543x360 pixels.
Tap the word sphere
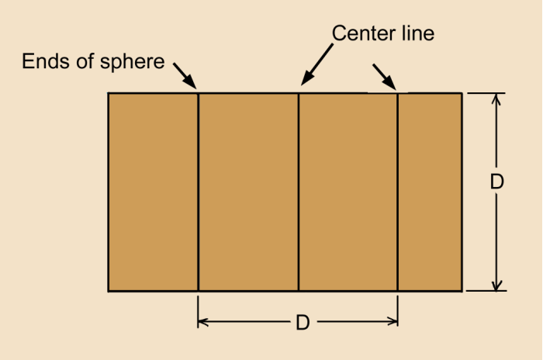(133, 63)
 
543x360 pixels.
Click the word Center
(364, 33)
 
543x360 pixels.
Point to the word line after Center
(418, 33)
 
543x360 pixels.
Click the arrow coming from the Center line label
(316, 64)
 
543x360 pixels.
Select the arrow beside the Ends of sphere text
(185, 76)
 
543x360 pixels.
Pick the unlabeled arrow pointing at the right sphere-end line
(385, 77)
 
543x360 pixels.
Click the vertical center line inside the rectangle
(299, 192)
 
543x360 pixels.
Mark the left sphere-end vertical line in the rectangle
(198, 192)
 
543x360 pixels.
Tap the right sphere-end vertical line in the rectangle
(397, 192)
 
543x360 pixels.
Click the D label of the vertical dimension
(497, 182)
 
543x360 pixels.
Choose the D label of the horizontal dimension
(303, 323)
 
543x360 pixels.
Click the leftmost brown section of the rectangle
(153, 192)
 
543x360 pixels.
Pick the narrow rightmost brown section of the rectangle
(430, 192)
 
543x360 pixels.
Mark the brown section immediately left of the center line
(248, 192)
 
